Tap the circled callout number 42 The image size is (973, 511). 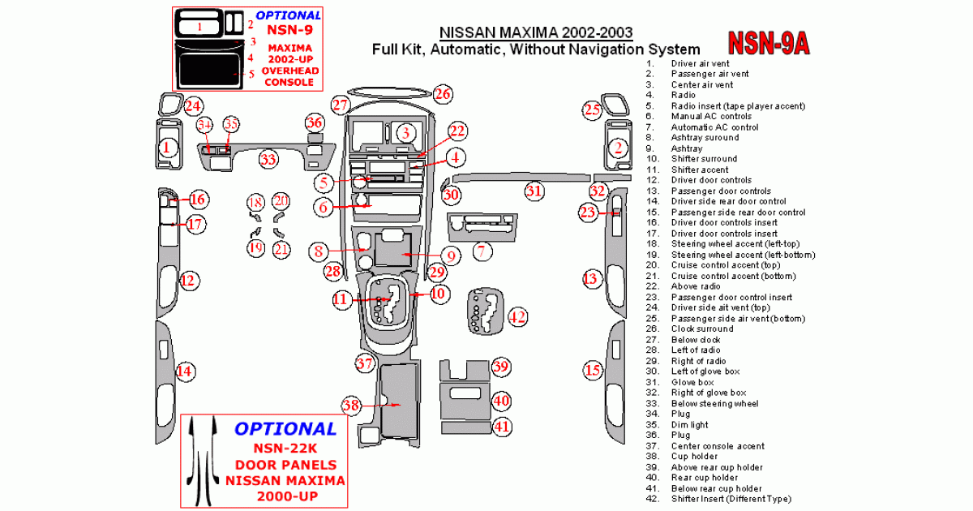(517, 316)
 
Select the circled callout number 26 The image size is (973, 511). (442, 94)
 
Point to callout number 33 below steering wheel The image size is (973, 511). (268, 159)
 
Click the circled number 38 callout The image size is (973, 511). (350, 405)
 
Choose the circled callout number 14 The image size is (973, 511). (186, 371)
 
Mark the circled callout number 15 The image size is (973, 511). (593, 371)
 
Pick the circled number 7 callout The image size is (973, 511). (482, 251)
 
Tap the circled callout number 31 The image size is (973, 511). (534, 191)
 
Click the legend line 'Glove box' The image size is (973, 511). (692, 382)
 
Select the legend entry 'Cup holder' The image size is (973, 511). (693, 457)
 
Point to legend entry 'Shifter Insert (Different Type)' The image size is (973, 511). (731, 499)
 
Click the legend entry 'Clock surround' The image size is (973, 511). (701, 328)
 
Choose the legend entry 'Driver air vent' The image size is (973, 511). (699, 63)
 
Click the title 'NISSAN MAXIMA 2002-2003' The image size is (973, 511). (537, 33)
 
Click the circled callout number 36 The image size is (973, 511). (315, 123)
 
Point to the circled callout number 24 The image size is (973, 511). (192, 105)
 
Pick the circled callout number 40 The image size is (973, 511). (502, 400)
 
